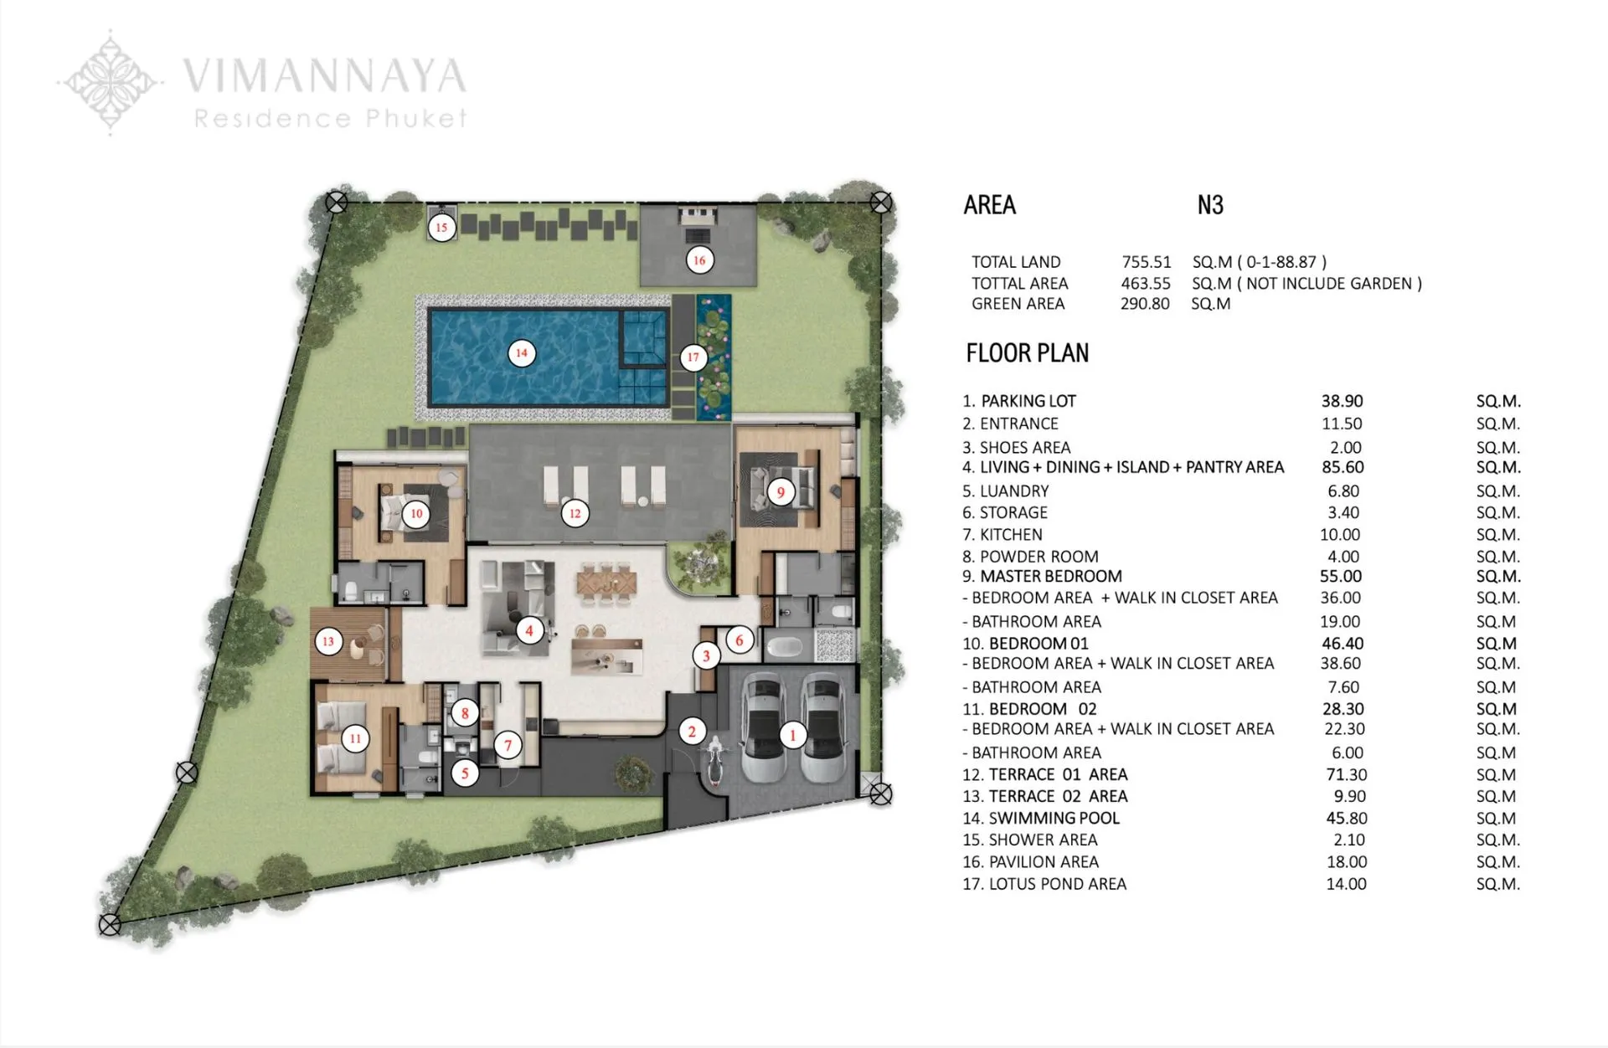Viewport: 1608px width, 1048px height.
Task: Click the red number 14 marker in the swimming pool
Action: point(521,353)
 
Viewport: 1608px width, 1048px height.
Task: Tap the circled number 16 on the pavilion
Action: point(699,260)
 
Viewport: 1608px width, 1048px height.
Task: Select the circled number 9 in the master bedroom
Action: point(781,492)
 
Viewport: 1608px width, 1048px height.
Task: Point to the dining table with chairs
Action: point(606,583)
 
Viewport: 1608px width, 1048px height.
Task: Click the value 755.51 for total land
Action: point(1147,262)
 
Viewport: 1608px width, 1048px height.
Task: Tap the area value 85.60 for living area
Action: point(1343,467)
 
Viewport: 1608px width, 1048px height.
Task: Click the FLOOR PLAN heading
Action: point(1027,353)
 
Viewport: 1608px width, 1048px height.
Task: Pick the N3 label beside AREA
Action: point(1210,205)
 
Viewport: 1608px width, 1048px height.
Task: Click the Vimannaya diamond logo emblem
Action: point(110,81)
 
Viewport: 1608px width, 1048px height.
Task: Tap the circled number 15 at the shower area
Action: point(441,227)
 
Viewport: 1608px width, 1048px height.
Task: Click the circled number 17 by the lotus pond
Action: point(693,357)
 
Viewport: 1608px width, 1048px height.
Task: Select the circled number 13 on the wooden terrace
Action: point(328,642)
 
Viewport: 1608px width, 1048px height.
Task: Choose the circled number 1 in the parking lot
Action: point(792,737)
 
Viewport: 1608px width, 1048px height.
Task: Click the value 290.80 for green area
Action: point(1145,304)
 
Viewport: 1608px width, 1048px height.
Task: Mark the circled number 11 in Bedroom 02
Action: point(355,738)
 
